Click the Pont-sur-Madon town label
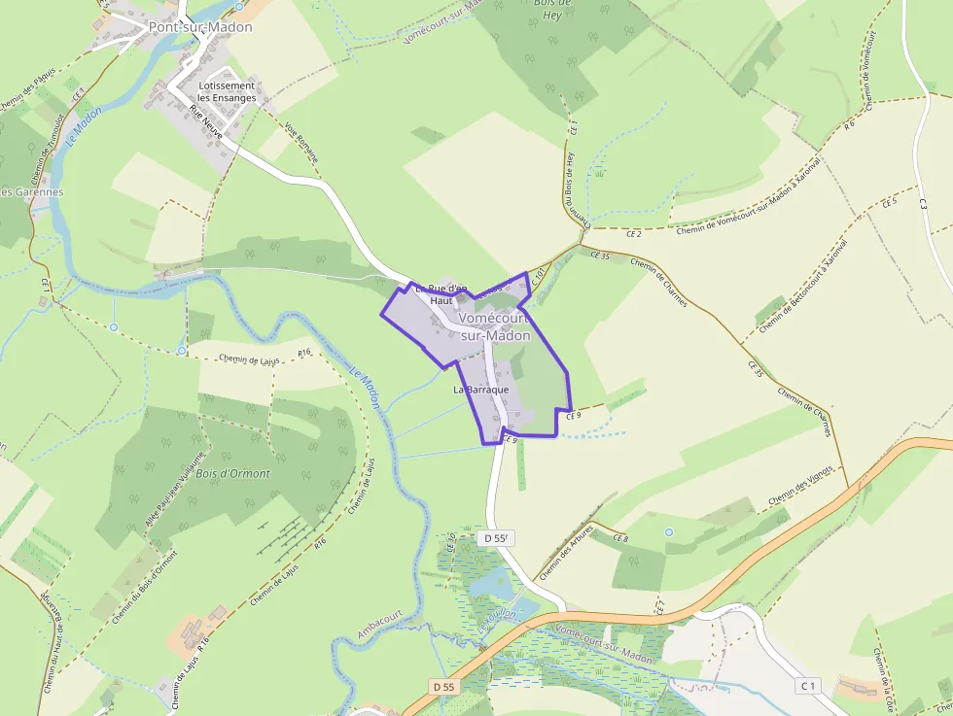tap(199, 27)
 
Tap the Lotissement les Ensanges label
tap(227, 92)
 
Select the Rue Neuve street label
tap(206, 123)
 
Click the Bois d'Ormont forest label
tap(233, 473)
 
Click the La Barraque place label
tap(481, 390)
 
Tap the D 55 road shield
tap(444, 687)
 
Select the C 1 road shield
tap(806, 687)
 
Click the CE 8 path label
tap(619, 538)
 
